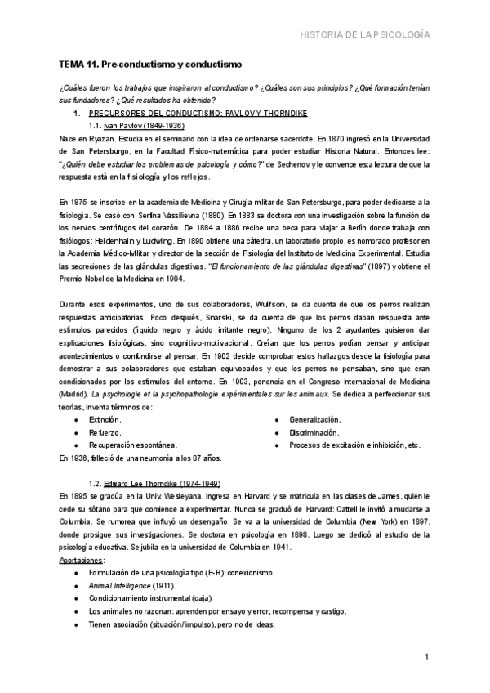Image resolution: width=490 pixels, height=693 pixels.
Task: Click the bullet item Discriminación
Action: pos(315,432)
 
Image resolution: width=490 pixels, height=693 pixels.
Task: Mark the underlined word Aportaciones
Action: pos(82,560)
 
